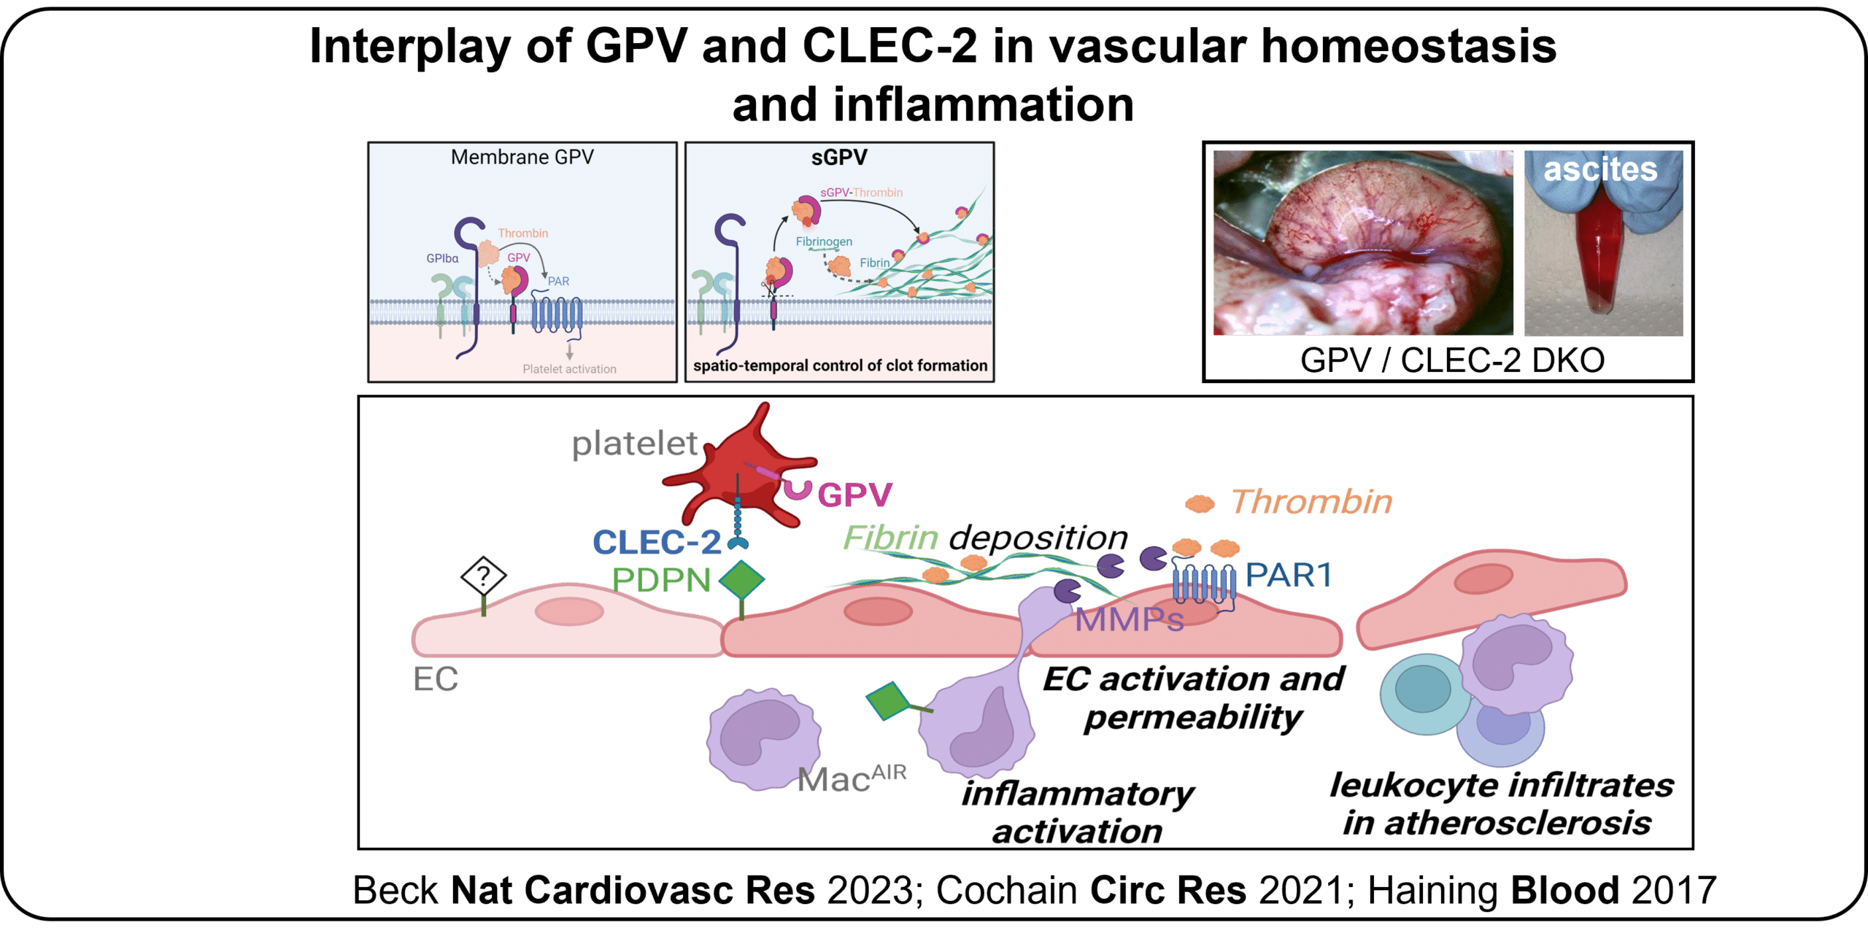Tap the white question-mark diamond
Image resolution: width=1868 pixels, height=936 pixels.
click(x=483, y=577)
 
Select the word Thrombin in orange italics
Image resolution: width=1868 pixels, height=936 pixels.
click(x=1311, y=502)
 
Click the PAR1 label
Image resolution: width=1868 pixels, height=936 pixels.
click(x=1288, y=576)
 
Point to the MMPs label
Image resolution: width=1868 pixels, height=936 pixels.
click(x=1129, y=620)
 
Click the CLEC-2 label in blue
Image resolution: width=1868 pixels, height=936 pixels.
click(x=657, y=542)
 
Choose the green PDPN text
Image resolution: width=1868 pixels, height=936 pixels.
click(x=661, y=581)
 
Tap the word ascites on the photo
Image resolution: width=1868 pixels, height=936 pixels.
click(x=1600, y=169)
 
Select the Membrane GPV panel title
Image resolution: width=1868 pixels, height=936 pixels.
click(x=522, y=157)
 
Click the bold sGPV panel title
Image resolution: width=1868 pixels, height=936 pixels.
click(x=839, y=157)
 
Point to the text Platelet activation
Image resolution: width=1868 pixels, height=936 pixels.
click(x=569, y=369)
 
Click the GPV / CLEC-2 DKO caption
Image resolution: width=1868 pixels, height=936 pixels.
click(x=1451, y=360)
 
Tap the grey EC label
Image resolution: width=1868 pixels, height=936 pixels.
click(x=436, y=679)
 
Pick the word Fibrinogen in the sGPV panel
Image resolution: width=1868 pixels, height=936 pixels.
click(x=824, y=241)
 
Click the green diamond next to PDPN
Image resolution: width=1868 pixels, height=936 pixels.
click(x=742, y=581)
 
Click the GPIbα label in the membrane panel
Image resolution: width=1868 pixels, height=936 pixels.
click(x=442, y=258)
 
